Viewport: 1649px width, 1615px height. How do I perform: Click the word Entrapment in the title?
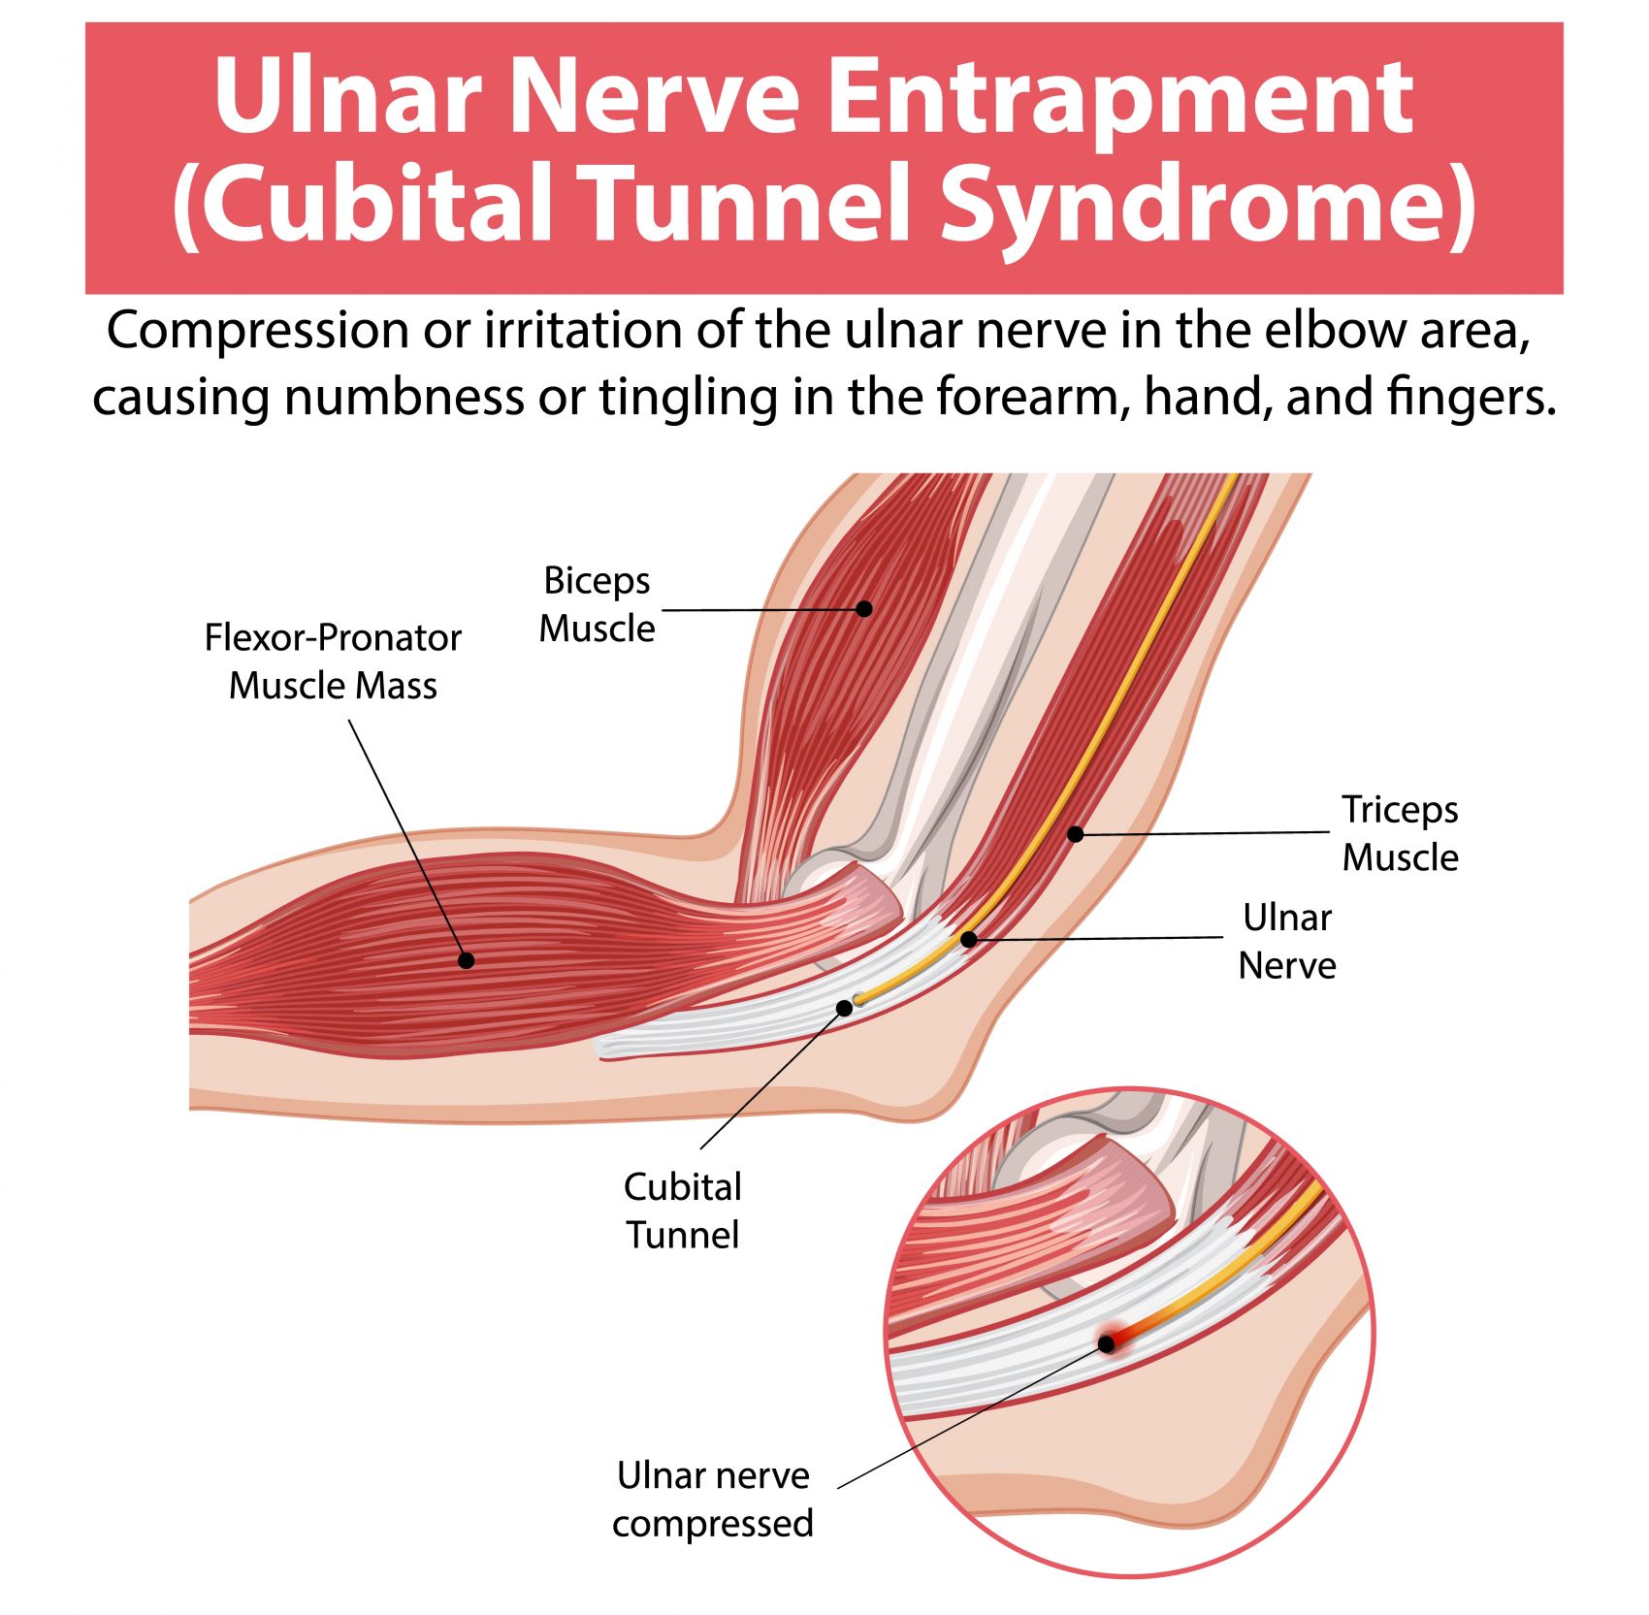[1120, 97]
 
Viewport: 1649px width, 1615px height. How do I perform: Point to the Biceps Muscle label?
[597, 604]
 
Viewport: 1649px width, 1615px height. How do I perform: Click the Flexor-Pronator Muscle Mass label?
[333, 662]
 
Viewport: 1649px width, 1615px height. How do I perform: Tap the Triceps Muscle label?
[1400, 833]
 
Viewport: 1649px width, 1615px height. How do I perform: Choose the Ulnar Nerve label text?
[1287, 941]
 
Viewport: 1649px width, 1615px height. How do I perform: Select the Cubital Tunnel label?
[682, 1211]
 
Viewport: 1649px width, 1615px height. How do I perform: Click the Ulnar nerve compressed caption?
[713, 1499]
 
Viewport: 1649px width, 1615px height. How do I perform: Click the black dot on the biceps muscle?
[863, 609]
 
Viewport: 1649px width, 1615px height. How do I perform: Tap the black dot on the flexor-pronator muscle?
[466, 960]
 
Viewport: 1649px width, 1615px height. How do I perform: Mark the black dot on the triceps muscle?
[1075, 833]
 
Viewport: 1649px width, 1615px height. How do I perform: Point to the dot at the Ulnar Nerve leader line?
[968, 939]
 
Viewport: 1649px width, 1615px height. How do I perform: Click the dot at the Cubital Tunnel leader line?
[844, 1009]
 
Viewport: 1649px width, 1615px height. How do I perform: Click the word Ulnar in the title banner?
[348, 97]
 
